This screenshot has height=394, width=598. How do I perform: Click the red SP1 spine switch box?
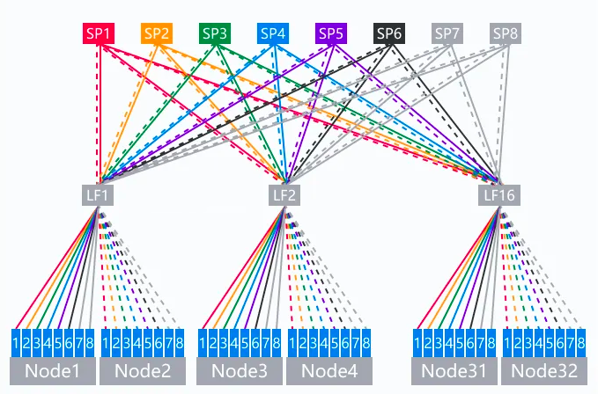[99, 34]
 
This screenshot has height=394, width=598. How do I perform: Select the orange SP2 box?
[157, 34]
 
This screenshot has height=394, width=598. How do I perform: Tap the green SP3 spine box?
[215, 34]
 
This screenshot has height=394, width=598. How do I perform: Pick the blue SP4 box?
[273, 34]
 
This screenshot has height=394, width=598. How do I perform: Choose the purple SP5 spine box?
[331, 34]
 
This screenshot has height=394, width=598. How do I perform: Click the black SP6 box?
[389, 34]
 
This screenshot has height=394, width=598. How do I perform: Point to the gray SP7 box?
[447, 34]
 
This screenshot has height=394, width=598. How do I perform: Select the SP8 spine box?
[506, 34]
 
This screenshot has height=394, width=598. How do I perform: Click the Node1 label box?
[51, 371]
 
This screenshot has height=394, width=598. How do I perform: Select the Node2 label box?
[142, 371]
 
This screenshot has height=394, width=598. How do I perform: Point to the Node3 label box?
[240, 371]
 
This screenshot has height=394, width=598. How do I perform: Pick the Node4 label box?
[329, 371]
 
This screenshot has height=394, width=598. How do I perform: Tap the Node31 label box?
[454, 371]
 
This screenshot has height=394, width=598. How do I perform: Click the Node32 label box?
[544, 371]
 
